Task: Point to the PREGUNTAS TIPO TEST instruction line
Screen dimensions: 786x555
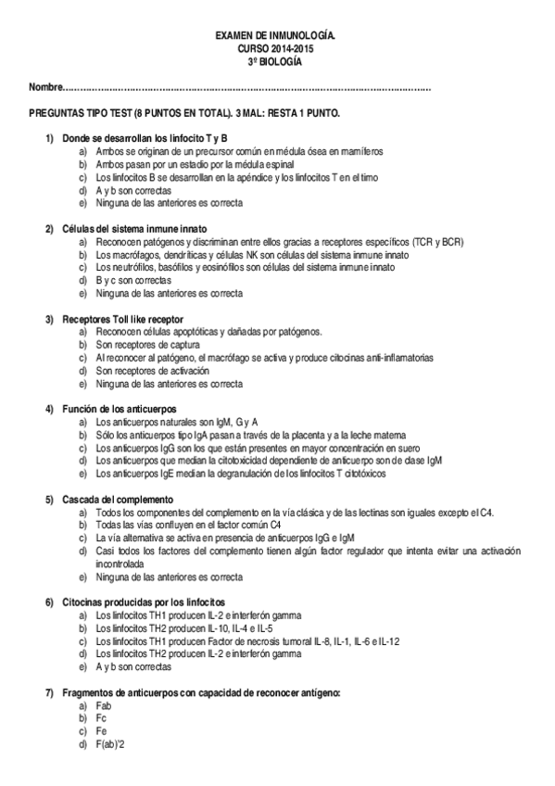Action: [184, 112]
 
